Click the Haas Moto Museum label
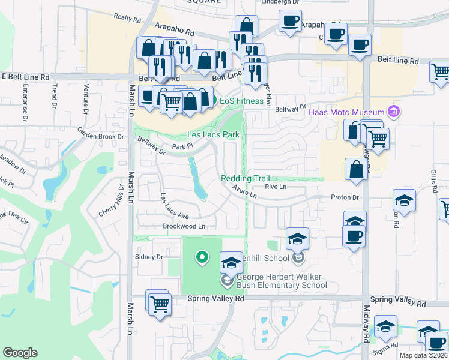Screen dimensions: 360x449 pos(346,113)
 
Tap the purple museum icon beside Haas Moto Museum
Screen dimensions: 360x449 pos(394,112)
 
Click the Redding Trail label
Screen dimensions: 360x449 pos(246,178)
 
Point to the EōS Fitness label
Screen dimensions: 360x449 pos(241,101)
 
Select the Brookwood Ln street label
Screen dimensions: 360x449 pos(184,227)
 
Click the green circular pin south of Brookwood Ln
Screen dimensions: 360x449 pos(202,258)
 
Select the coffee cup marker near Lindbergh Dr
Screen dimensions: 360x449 pos(290,22)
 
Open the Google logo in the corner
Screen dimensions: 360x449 pos(20,353)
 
